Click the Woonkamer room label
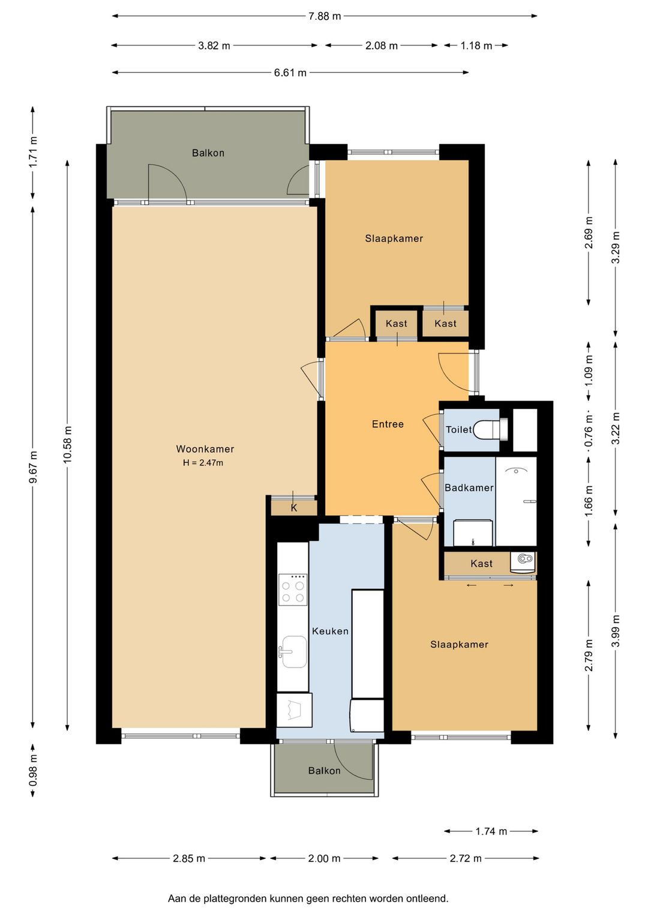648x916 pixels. pyautogui.click(x=205, y=448)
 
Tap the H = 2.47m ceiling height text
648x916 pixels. pyautogui.click(x=203, y=463)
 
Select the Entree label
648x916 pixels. pyautogui.click(x=388, y=424)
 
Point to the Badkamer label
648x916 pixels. pyautogui.click(x=469, y=487)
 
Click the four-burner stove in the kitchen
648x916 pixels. pyautogui.click(x=293, y=589)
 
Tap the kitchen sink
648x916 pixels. pyautogui.click(x=292, y=652)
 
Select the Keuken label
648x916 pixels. pyautogui.click(x=330, y=631)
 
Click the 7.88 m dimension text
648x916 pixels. pyautogui.click(x=324, y=16)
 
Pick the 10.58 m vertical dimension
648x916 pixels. pyautogui.click(x=67, y=445)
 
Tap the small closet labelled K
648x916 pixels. pyautogui.click(x=293, y=508)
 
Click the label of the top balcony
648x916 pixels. pyautogui.click(x=208, y=153)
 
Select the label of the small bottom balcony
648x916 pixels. pyautogui.click(x=324, y=771)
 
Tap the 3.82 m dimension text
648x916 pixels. pyautogui.click(x=214, y=46)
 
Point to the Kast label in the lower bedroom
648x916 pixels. pyautogui.click(x=481, y=564)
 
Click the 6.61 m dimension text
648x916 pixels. pyautogui.click(x=290, y=73)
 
